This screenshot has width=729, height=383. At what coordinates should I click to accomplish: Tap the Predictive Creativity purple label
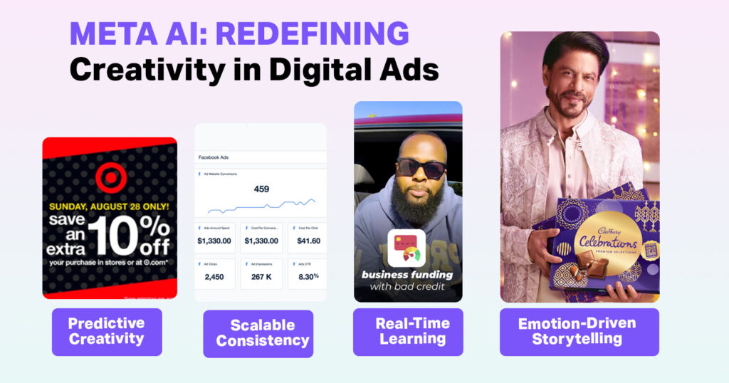[107, 331]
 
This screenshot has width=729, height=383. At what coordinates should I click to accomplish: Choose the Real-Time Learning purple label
[408, 331]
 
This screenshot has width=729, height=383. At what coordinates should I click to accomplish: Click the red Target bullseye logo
[110, 177]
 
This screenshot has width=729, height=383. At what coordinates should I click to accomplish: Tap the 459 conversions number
[261, 189]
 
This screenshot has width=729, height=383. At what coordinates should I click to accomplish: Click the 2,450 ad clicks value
[214, 276]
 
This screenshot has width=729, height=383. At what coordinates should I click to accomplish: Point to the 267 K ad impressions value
[261, 276]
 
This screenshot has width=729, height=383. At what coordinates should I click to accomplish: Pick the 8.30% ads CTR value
[307, 276]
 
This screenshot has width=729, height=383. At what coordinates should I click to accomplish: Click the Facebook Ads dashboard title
[214, 157]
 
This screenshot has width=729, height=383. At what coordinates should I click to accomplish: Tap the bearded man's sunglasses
[421, 167]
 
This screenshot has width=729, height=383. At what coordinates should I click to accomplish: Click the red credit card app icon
[407, 248]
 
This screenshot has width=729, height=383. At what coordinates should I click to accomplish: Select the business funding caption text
[408, 275]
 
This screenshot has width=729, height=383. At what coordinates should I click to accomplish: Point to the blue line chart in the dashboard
[261, 206]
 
